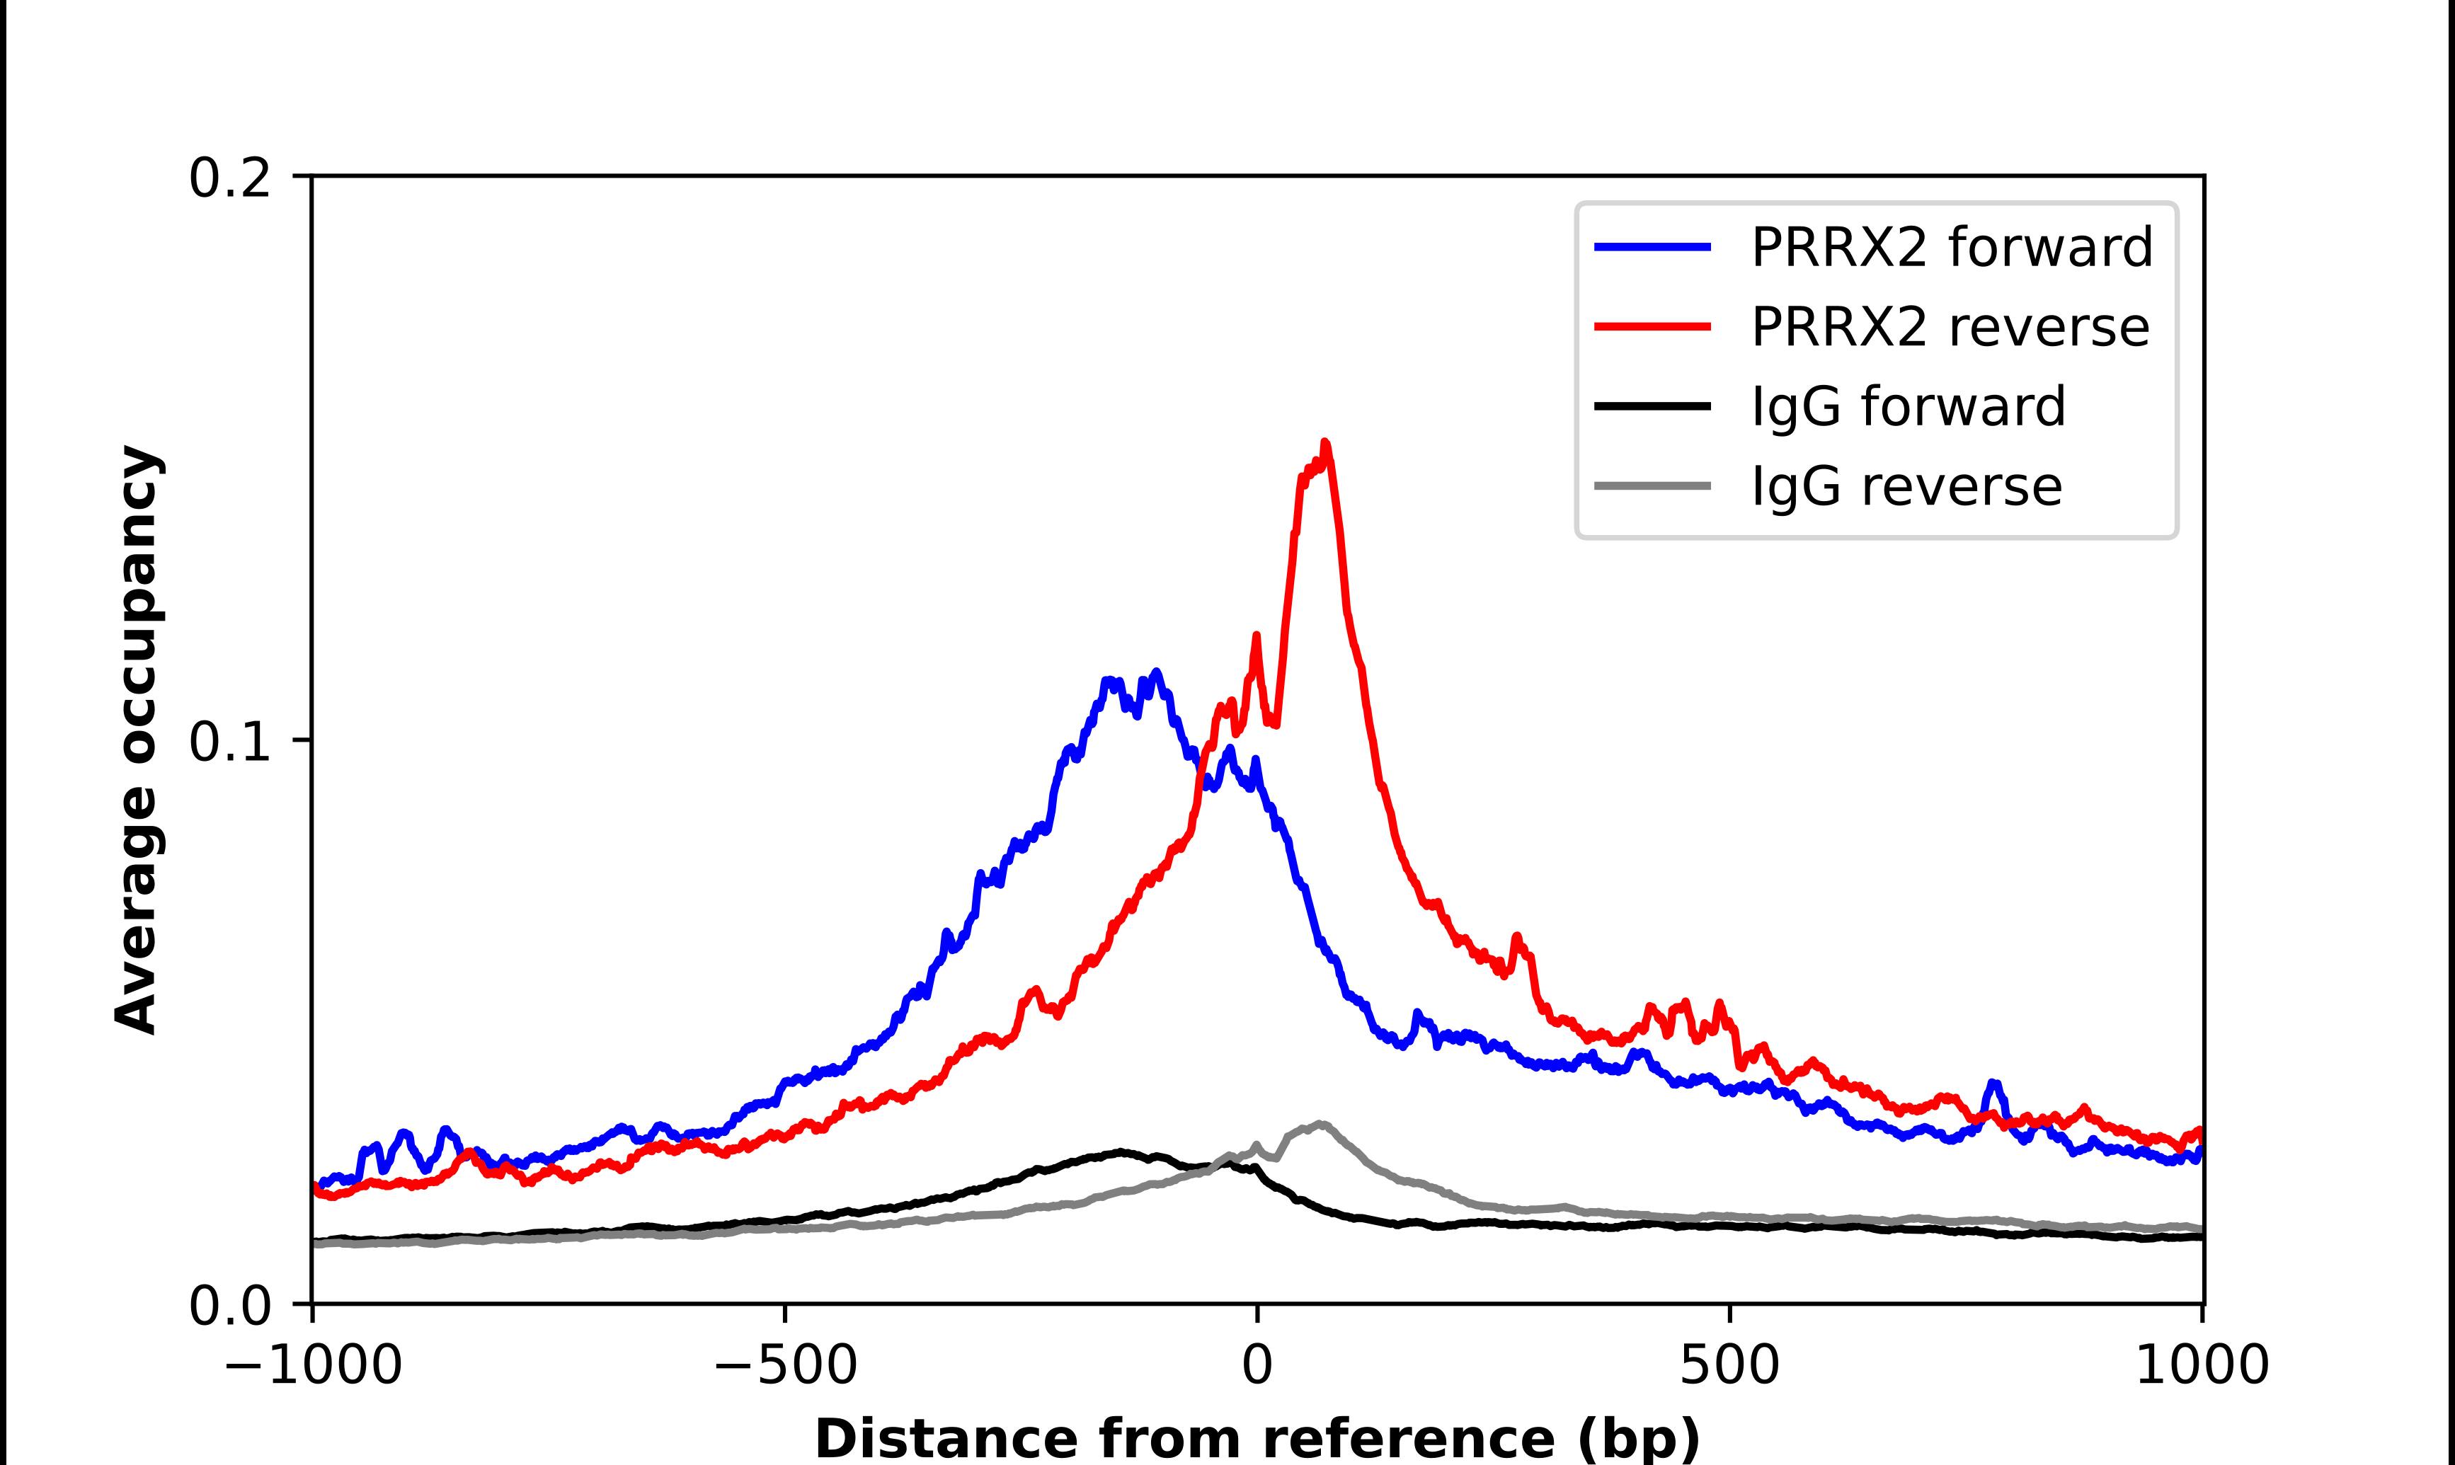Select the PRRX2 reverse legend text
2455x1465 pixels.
click(x=1950, y=327)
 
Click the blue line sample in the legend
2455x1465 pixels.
click(x=1652, y=247)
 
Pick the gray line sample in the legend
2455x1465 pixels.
click(x=1652, y=486)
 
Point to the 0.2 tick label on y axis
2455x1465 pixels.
click(x=229, y=178)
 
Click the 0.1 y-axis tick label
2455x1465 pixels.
click(x=229, y=742)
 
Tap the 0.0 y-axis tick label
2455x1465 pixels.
click(x=229, y=1306)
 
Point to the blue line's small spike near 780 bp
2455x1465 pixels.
click(x=1994, y=1084)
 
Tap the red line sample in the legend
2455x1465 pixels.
click(x=1652, y=327)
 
